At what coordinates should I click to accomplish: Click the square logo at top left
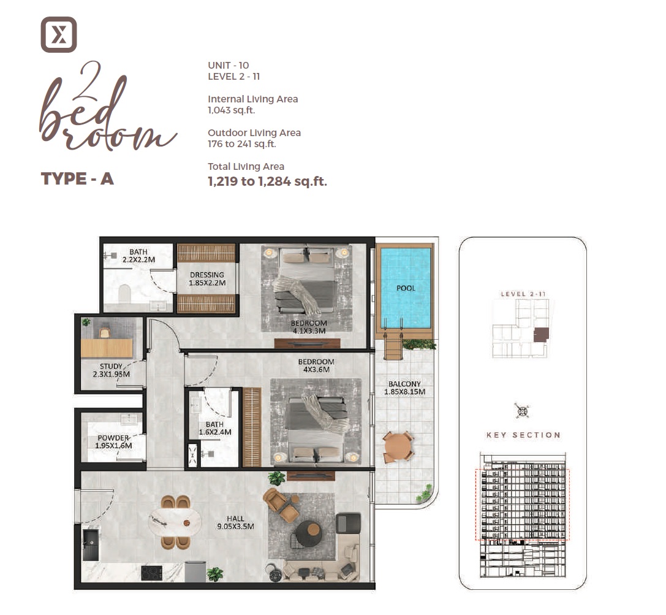(59, 34)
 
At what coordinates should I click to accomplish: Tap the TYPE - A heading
(77, 179)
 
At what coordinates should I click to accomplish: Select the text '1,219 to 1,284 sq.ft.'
(267, 181)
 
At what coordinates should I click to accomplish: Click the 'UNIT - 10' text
(229, 65)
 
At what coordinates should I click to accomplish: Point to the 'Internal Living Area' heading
(253, 99)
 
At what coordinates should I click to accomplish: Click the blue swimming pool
(406, 288)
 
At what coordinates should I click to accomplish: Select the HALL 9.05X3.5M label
(235, 522)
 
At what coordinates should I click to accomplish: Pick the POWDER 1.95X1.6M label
(113, 441)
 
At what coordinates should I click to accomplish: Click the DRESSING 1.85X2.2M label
(206, 279)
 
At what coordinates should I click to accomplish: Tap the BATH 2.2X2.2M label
(138, 256)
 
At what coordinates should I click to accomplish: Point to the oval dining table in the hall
(175, 522)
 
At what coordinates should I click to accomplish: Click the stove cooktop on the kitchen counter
(151, 573)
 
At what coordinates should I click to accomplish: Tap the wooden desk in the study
(107, 348)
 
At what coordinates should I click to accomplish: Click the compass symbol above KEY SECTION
(523, 411)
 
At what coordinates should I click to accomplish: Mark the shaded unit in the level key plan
(541, 335)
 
